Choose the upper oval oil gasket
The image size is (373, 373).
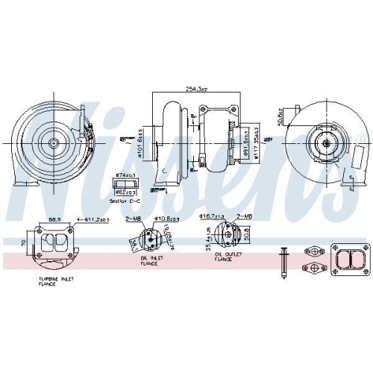316,252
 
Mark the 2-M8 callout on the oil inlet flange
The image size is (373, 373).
134,218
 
